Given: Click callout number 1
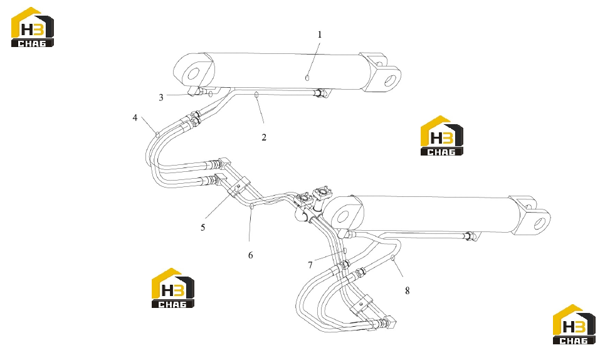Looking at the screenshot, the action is click(320, 34).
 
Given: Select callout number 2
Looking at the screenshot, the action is click(264, 137).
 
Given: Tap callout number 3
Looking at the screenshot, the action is click(161, 98).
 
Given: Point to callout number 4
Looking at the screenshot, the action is click(135, 118).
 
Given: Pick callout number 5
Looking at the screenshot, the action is click(203, 228).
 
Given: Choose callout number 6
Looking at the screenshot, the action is click(250, 255).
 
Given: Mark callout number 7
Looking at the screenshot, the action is click(310, 265).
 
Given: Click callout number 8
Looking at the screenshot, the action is click(408, 291).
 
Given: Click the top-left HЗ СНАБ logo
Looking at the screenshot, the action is click(33, 28).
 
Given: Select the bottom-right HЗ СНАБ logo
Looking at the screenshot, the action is click(574, 324).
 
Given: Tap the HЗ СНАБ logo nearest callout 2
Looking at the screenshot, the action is click(442, 136).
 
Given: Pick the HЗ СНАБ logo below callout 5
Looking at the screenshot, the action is click(173, 288).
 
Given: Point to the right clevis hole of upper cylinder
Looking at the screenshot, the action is click(390, 80).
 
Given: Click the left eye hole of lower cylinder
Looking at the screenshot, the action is click(343, 217).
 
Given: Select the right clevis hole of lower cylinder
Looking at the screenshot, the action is click(539, 223).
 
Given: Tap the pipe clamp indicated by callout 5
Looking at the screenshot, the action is click(239, 186).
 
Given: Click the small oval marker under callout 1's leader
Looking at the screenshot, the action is click(307, 78).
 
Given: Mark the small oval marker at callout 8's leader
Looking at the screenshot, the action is click(393, 258).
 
